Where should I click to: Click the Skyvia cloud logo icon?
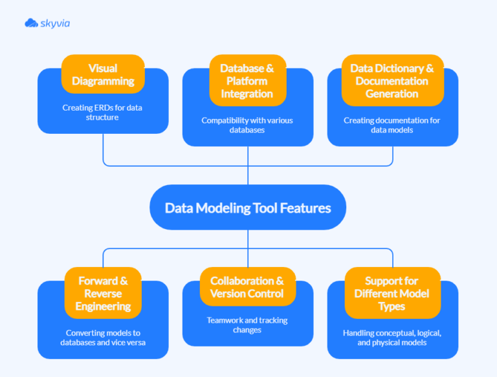click(31, 23)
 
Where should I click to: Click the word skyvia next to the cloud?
click(54, 23)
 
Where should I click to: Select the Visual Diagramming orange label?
click(103, 74)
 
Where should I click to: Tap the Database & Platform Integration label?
click(247, 80)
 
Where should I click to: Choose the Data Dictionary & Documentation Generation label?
click(392, 80)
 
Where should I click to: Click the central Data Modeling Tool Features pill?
click(248, 208)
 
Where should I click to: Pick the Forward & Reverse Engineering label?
click(103, 293)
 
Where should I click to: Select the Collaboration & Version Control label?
click(247, 286)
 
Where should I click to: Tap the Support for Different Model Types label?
click(392, 293)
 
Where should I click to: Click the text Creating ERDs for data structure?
click(103, 113)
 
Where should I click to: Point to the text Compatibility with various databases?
click(247, 125)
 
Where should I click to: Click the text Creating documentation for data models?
click(392, 125)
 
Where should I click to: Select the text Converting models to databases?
click(103, 338)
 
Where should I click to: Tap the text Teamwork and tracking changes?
click(247, 325)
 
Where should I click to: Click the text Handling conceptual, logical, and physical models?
click(392, 338)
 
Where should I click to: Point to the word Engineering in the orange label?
click(103, 306)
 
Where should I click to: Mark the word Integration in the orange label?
click(247, 93)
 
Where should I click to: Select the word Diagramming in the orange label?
click(103, 81)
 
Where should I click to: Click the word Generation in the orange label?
click(392, 93)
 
